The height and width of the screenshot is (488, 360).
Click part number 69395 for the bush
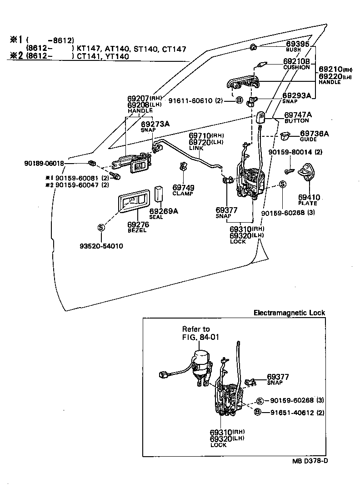(x=298, y=44)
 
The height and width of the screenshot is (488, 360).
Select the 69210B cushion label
(x=296, y=61)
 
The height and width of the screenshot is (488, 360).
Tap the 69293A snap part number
(x=296, y=95)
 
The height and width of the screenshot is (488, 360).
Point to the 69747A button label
(x=298, y=115)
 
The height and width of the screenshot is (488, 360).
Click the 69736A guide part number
(x=314, y=134)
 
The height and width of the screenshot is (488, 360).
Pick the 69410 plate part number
(x=309, y=198)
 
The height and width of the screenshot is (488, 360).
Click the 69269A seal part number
(x=164, y=211)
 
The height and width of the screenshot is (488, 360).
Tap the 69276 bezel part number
(x=137, y=224)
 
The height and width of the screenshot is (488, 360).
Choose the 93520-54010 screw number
(x=101, y=246)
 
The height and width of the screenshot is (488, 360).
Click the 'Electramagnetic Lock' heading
(x=289, y=313)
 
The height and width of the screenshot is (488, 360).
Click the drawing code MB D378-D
(x=310, y=461)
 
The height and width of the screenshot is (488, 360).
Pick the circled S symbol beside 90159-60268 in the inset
(x=260, y=401)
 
